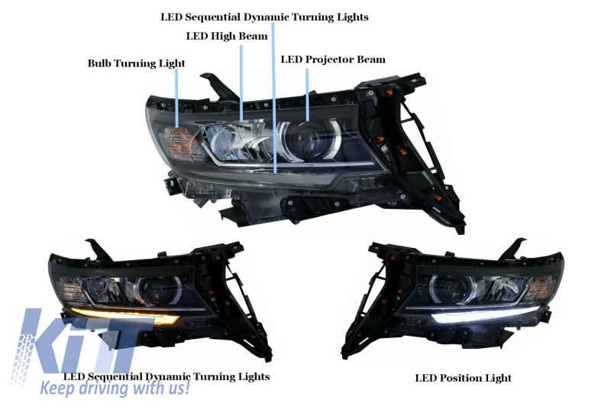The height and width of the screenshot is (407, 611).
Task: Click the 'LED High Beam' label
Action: [x=227, y=36]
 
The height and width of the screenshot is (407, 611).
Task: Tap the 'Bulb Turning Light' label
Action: [x=137, y=63]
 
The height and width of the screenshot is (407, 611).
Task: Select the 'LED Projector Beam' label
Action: [x=333, y=60]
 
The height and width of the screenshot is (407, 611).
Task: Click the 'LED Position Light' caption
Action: [x=463, y=378]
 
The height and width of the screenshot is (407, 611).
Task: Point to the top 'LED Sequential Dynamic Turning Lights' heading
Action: [x=264, y=17]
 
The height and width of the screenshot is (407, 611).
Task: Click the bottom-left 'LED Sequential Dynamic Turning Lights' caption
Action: [x=166, y=376]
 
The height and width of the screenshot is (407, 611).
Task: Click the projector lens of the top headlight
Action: [x=310, y=140]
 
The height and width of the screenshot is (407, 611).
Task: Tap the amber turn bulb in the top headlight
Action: [x=178, y=142]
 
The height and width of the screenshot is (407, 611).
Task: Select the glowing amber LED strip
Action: [x=124, y=315]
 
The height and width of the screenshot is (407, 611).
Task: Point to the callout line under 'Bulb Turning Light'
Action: [x=178, y=98]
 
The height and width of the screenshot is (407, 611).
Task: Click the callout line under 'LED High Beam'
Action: [x=241, y=83]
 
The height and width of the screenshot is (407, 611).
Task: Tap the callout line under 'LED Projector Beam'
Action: [x=307, y=94]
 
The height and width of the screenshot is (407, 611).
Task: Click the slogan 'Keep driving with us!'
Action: [x=115, y=388]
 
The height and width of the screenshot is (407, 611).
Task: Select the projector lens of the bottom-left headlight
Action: [x=160, y=291]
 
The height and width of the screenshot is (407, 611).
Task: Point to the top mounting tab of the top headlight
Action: [x=219, y=85]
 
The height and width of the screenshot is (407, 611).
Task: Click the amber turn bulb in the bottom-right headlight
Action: [x=541, y=287]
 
